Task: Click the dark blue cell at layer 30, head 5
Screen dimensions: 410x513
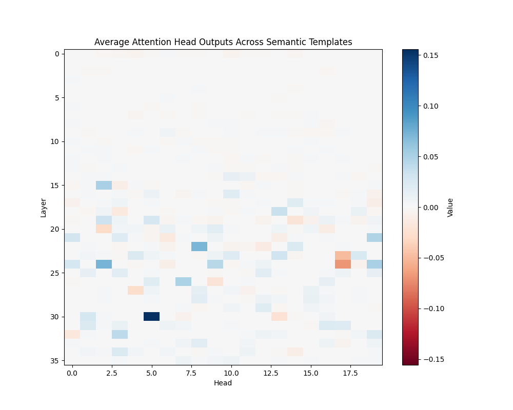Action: coord(151,316)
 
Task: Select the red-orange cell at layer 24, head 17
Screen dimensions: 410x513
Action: coord(342,264)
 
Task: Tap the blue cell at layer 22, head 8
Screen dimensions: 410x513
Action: coord(199,247)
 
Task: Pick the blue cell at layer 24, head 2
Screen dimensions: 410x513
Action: coord(104,264)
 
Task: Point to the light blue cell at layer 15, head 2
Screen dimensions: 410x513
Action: coord(104,185)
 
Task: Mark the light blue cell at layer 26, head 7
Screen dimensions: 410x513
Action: coord(183,281)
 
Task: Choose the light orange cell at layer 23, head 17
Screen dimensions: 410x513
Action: coord(342,255)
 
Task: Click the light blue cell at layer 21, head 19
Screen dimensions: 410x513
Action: coord(374,238)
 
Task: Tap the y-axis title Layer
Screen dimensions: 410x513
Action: coord(44,207)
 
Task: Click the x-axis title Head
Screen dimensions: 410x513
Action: coord(223,383)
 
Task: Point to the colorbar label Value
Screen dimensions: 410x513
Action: coord(450,207)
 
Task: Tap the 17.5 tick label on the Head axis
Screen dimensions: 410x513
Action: coord(342,373)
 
